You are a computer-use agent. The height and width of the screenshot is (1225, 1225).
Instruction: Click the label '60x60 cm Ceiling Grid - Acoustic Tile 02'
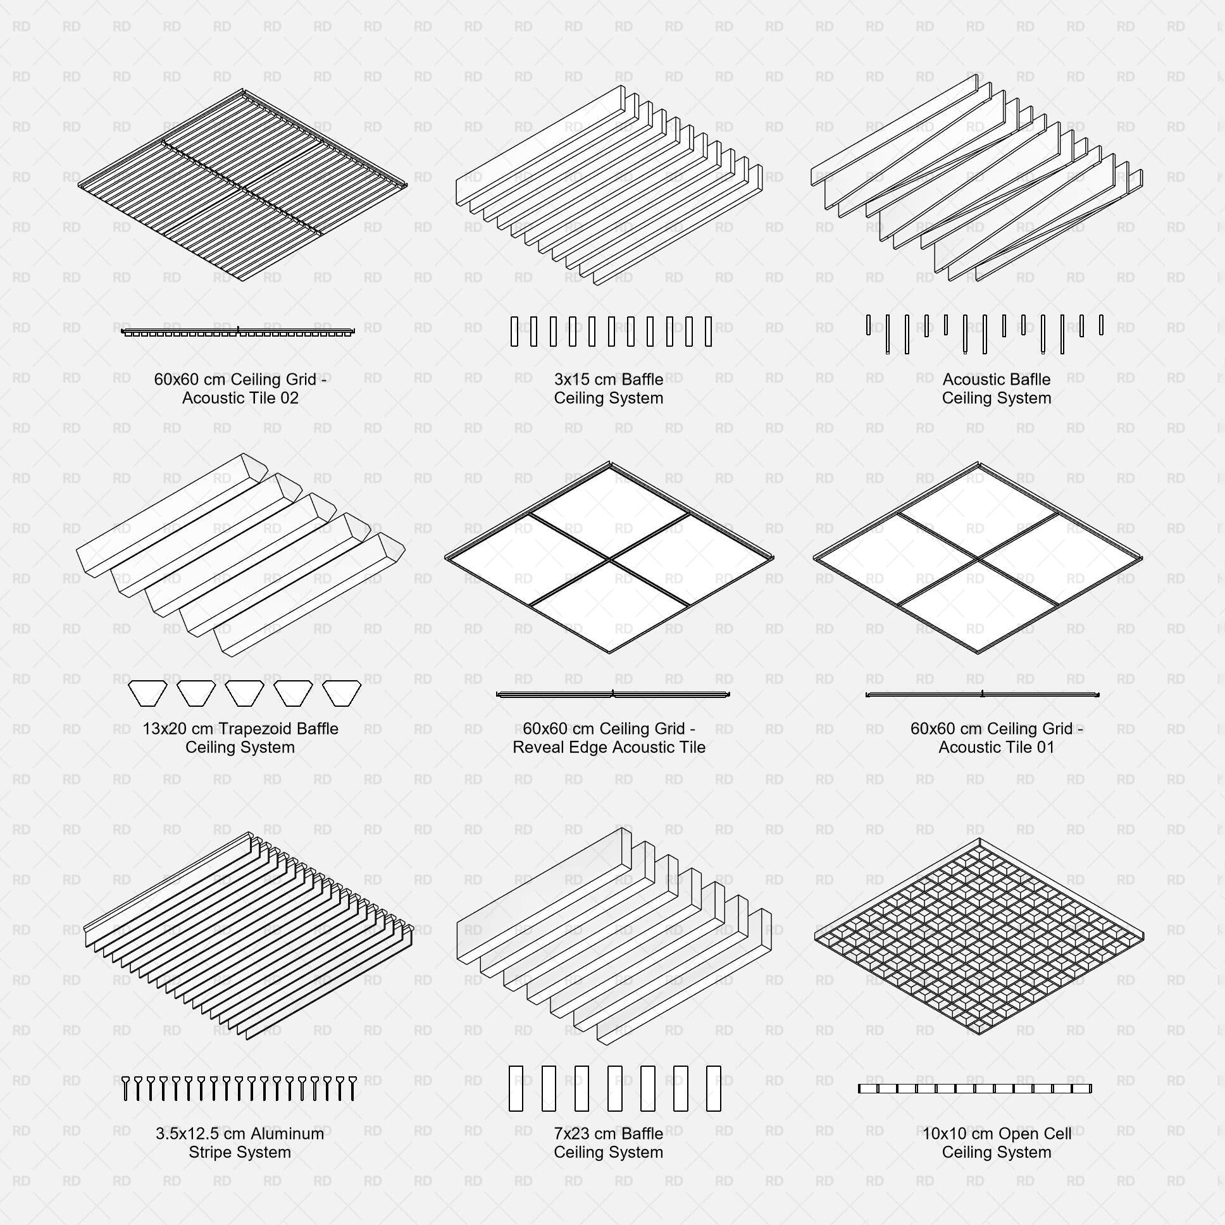pos(240,389)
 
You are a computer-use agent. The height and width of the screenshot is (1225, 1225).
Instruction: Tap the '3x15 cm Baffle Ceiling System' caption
pos(608,389)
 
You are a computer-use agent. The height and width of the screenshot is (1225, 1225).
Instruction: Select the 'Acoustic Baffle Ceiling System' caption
pos(996,389)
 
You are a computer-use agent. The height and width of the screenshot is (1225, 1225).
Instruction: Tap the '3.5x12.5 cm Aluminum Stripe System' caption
pos(240,1143)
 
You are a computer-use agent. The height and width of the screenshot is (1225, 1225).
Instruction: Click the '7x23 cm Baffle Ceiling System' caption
pos(608,1143)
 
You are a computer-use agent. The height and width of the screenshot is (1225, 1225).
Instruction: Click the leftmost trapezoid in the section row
pos(147,692)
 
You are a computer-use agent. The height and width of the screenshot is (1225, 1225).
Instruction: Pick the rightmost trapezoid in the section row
pos(342,692)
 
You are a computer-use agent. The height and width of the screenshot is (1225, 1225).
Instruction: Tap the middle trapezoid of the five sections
pos(245,692)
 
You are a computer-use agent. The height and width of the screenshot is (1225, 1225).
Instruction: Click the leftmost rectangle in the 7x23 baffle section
pos(516,1088)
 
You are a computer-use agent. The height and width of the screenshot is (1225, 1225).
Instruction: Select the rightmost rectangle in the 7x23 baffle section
pos(713,1088)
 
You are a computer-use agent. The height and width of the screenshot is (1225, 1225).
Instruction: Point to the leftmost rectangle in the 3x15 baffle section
pos(514,332)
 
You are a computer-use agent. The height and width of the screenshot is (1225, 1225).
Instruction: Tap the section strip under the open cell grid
pos(974,1089)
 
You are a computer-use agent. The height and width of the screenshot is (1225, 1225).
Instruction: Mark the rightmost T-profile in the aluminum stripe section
pos(352,1088)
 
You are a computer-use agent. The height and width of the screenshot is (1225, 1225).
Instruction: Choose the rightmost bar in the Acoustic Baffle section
pos(1102,325)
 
